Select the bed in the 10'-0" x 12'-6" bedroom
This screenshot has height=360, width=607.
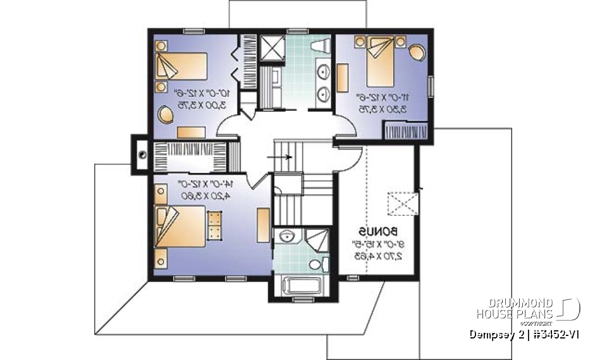pyautogui.click(x=181, y=66)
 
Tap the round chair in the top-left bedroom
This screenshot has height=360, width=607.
pyautogui.click(x=166, y=116)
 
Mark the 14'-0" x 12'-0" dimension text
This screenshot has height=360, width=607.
pyautogui.click(x=206, y=189)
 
